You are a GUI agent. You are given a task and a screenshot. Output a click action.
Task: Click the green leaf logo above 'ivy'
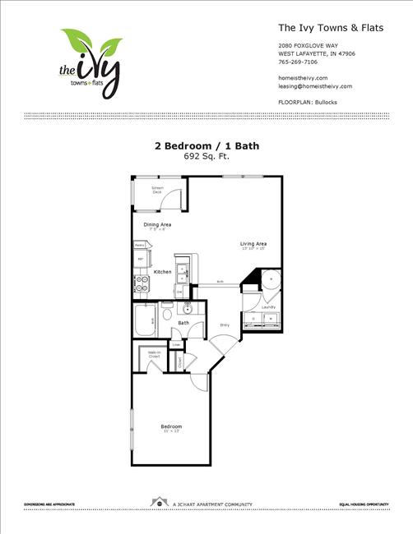click(91, 42)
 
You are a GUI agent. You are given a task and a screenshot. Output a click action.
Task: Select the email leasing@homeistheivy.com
click(315, 85)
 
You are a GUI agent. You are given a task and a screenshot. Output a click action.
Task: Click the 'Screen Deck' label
click(156, 191)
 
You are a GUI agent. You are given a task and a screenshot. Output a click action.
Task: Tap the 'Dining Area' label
click(157, 224)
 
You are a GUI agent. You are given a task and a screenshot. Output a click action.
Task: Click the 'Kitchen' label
click(162, 271)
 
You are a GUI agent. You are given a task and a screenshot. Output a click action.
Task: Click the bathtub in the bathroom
click(143, 320)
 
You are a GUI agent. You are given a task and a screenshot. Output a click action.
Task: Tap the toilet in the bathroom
click(167, 314)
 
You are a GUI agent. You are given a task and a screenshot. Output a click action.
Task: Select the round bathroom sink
click(187, 310)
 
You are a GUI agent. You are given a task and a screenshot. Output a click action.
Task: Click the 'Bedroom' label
click(171, 427)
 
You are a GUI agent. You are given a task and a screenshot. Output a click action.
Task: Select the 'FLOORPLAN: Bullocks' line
click(309, 102)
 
